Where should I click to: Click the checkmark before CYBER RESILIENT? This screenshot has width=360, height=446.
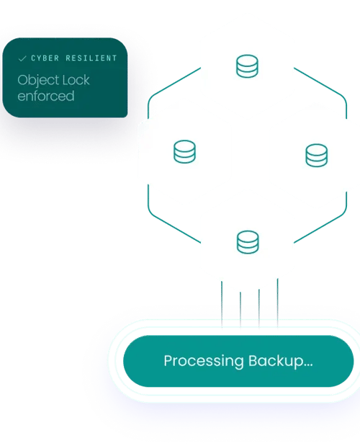coord(22,58)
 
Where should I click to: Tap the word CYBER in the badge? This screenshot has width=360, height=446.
coord(45,58)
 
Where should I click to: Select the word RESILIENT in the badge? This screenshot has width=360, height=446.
coord(91,58)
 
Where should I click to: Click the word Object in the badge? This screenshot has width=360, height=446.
coord(37,81)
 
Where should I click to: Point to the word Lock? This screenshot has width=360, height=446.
coord(76,80)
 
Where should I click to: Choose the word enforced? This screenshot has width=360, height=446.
coord(46,96)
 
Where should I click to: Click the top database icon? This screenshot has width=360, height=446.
coord(247,66)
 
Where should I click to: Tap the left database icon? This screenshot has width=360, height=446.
coord(184,151)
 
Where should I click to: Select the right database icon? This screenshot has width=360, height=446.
coord(317,156)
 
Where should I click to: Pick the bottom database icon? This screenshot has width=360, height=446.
coord(248,242)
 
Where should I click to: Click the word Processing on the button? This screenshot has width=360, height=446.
coord(204,361)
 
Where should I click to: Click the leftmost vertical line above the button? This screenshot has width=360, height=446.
coord(222,304)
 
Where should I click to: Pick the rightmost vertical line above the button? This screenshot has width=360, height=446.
coord(278,303)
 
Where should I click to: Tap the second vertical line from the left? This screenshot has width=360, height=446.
coord(240,310)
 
